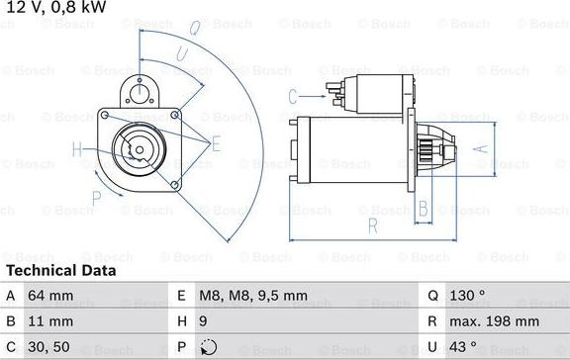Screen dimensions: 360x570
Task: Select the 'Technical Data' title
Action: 60,270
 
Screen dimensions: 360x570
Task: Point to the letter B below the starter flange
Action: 423,208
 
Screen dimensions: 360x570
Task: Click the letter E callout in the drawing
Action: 217,144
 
